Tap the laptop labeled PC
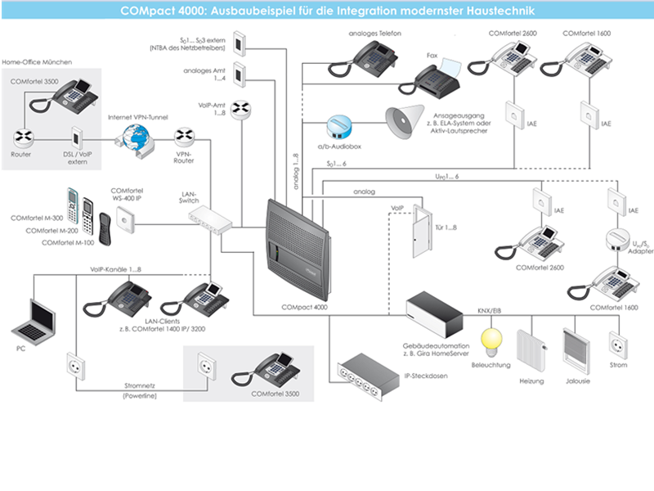pyautogui.click(x=34, y=321)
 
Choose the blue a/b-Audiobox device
pyautogui.click(x=338, y=126)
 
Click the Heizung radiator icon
pyautogui.click(x=531, y=352)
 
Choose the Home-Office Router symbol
pyautogui.click(x=22, y=136)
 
